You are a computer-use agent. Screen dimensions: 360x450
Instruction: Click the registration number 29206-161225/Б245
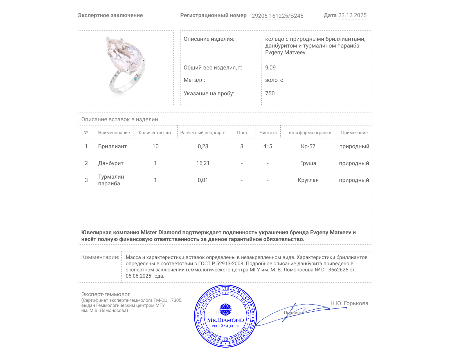tap(277, 16)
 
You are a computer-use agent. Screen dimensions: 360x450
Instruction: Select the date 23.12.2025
tap(352, 15)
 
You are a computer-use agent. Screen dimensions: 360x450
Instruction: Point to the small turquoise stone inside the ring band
tap(136, 79)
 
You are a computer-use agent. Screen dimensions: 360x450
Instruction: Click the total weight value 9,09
tap(270, 67)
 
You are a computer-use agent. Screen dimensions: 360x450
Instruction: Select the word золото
tap(274, 80)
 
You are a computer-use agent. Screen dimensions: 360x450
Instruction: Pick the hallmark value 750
tap(270, 93)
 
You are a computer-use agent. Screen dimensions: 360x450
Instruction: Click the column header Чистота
tap(268, 132)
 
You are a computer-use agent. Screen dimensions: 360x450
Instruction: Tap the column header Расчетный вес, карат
tap(203, 132)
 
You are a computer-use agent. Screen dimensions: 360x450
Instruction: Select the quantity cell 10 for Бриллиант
tap(155, 146)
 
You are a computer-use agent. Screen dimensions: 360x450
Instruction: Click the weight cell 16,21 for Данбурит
tap(203, 163)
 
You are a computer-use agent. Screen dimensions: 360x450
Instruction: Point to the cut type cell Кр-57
tap(308, 146)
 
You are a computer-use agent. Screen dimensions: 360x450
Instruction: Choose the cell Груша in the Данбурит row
tap(308, 163)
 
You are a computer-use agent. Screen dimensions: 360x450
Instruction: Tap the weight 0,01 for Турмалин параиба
tap(203, 180)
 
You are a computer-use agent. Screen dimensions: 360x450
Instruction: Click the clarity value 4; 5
tap(267, 146)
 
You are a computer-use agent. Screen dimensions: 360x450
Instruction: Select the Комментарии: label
tap(100, 257)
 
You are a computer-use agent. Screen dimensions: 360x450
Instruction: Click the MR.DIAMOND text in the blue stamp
tap(226, 320)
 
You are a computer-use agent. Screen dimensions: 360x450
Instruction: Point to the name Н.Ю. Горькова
tap(349, 303)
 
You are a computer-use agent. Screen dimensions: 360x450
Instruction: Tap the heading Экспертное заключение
tap(110, 15)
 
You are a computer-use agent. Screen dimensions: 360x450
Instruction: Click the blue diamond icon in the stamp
tap(225, 309)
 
